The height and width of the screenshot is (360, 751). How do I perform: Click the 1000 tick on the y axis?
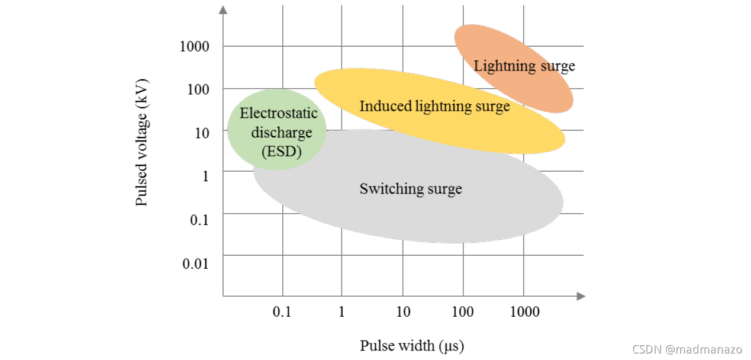[195, 46]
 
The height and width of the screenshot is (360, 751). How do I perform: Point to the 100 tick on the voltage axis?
[198, 89]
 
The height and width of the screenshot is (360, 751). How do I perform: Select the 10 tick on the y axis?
[202, 132]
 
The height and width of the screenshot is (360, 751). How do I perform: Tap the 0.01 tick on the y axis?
[195, 263]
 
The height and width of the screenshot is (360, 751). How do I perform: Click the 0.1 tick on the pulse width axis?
[282, 311]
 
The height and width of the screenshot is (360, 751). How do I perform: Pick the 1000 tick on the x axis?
[524, 311]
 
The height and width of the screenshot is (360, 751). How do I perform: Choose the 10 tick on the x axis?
[403, 311]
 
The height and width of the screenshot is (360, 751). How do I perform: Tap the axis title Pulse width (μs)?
[412, 345]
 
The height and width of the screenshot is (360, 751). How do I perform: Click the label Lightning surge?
[524, 66]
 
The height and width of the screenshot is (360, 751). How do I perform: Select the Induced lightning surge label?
[434, 107]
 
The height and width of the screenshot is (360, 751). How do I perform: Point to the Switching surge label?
[411, 189]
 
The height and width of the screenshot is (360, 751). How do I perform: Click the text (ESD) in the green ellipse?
[282, 151]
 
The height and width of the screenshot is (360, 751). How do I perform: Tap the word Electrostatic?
[278, 112]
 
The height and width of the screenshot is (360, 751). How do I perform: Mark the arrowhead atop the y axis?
[223, 9]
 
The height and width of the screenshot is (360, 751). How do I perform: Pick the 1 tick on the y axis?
[206, 176]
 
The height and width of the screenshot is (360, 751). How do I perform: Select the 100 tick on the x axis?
[462, 311]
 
